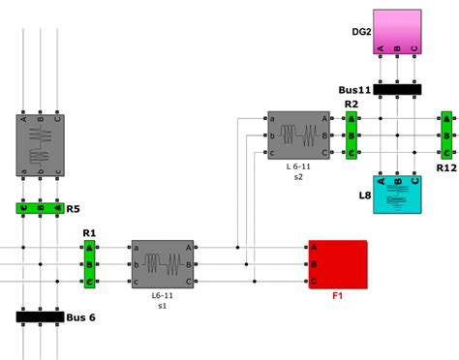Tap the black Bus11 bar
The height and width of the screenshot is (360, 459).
pyautogui.click(x=397, y=89)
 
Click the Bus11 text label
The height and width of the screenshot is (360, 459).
pyautogui.click(x=354, y=89)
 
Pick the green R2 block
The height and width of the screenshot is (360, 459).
pyautogui.click(x=352, y=135)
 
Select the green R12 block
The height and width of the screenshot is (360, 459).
pyautogui.click(x=445, y=135)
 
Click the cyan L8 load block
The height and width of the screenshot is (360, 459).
pyautogui.click(x=397, y=194)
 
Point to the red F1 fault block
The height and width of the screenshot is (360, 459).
pyautogui.click(x=337, y=264)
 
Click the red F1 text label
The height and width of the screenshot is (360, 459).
pyautogui.click(x=337, y=295)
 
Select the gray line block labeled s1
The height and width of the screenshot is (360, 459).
pyautogui.click(x=163, y=263)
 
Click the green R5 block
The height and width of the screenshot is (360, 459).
pyautogui.click(x=40, y=207)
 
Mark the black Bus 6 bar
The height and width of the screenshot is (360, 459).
pyautogui.click(x=40, y=316)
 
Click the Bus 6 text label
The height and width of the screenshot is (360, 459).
pyautogui.click(x=82, y=317)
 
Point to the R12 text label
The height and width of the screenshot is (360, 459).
pyautogui.click(x=446, y=167)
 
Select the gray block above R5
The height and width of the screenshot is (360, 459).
pyautogui.click(x=40, y=145)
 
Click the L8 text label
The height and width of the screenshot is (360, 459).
pyautogui.click(x=365, y=195)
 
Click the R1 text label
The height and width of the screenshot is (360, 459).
pyautogui.click(x=89, y=233)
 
